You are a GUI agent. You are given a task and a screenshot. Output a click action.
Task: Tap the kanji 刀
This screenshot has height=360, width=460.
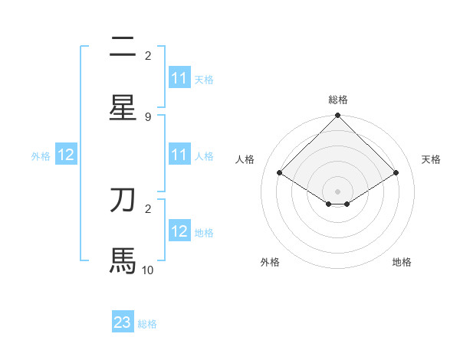123,200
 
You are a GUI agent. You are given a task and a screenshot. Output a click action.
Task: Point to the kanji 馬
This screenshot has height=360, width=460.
123,260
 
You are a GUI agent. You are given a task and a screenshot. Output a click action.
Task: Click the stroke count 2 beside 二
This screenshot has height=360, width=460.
148,55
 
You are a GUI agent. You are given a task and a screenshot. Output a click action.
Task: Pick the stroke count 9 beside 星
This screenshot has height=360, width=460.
148,116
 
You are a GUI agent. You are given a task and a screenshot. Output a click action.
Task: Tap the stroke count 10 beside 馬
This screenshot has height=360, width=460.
148,270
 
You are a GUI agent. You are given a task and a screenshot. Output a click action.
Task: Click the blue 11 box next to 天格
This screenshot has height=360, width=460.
179,78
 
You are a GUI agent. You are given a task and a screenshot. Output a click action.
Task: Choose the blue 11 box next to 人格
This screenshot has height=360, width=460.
179,155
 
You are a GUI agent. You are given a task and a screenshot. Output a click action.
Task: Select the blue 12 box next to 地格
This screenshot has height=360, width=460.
179,231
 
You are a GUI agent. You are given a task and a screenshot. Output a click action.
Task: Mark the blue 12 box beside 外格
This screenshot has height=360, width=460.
66,155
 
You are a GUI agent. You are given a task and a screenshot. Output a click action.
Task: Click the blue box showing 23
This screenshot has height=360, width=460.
123,322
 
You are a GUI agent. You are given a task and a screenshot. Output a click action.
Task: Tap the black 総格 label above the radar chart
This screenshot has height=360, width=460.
338,100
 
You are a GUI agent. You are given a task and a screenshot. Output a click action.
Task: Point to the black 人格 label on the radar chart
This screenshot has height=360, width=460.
245,159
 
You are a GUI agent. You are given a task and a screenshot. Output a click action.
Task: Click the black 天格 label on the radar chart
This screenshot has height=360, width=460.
431,159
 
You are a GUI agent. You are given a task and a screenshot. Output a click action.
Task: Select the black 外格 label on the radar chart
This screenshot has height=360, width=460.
270,262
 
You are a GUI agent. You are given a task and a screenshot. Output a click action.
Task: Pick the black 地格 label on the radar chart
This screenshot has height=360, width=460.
402,262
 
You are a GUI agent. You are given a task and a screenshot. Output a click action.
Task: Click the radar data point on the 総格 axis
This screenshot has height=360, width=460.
338,116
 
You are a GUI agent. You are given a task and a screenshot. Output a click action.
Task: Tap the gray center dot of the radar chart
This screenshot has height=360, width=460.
338,191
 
